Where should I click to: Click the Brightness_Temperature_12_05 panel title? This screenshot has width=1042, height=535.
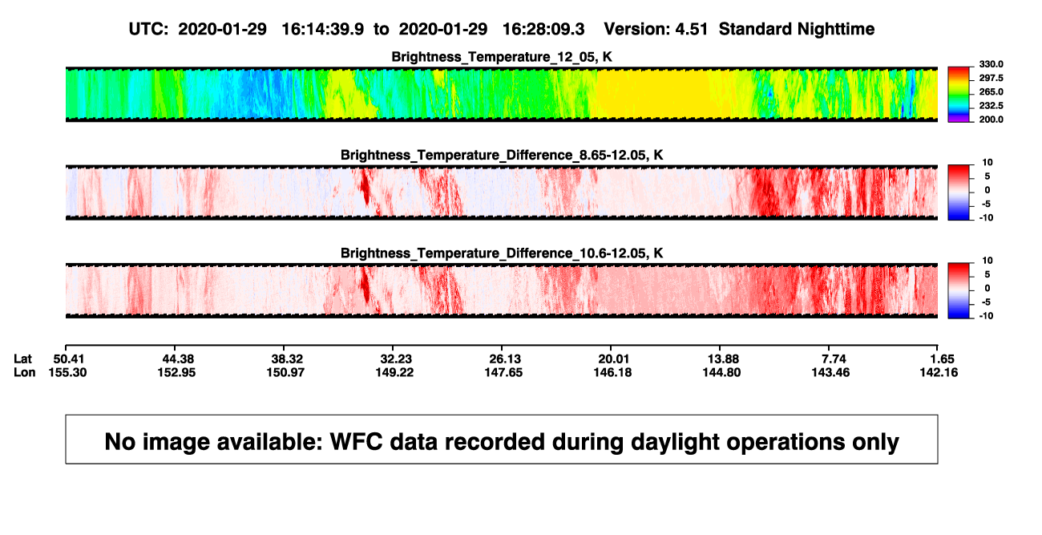(x=502, y=57)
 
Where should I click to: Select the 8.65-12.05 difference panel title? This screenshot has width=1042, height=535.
(x=502, y=155)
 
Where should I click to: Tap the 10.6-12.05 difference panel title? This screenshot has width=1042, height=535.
(x=502, y=253)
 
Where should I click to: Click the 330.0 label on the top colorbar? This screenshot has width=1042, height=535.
(x=991, y=64)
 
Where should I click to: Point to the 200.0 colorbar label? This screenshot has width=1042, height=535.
(x=991, y=120)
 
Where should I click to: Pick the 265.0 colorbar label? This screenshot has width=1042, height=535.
(x=991, y=91)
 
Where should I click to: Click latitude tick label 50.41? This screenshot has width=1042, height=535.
(x=68, y=359)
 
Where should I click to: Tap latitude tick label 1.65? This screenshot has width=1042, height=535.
(x=942, y=359)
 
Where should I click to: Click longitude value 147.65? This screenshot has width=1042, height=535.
(x=503, y=372)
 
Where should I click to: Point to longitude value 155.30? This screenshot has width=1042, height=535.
(x=67, y=372)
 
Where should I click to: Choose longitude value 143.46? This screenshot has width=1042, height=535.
(x=830, y=372)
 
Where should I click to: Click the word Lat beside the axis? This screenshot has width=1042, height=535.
(x=22, y=359)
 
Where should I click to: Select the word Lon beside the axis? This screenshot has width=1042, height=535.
(x=25, y=372)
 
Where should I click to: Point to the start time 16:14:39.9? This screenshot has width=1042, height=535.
(x=323, y=29)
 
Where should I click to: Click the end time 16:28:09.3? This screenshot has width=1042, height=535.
(x=543, y=29)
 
